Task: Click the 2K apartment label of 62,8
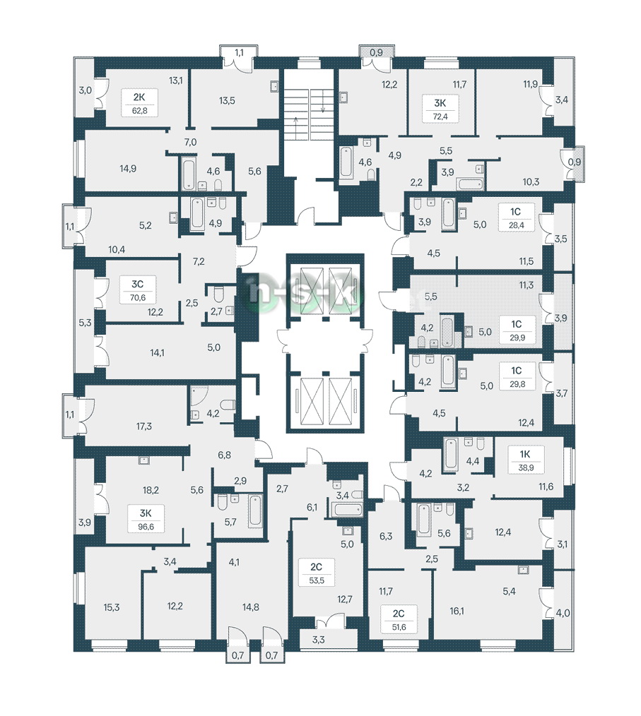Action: (139, 103)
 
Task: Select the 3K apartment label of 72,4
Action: (440, 109)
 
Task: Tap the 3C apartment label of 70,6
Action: (138, 290)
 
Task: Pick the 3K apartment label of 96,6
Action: (146, 519)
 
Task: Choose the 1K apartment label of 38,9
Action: (525, 461)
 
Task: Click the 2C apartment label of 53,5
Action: (316, 573)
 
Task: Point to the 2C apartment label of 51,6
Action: (399, 620)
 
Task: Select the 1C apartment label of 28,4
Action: (516, 217)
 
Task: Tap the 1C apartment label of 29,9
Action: (517, 330)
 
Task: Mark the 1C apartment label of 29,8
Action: (517, 377)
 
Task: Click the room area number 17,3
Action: (144, 426)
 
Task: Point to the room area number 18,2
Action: (151, 491)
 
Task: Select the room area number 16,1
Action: (457, 611)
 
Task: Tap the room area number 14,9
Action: (128, 169)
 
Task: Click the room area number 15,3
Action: (112, 607)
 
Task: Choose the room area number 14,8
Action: (251, 607)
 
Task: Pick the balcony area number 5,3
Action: (85, 323)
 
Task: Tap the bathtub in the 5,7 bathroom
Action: (255, 511)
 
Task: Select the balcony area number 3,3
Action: (319, 640)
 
